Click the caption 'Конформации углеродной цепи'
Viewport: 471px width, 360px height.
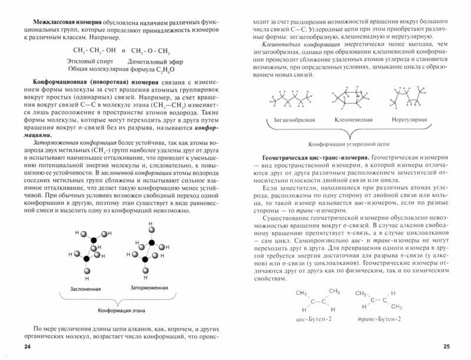(350, 144)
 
